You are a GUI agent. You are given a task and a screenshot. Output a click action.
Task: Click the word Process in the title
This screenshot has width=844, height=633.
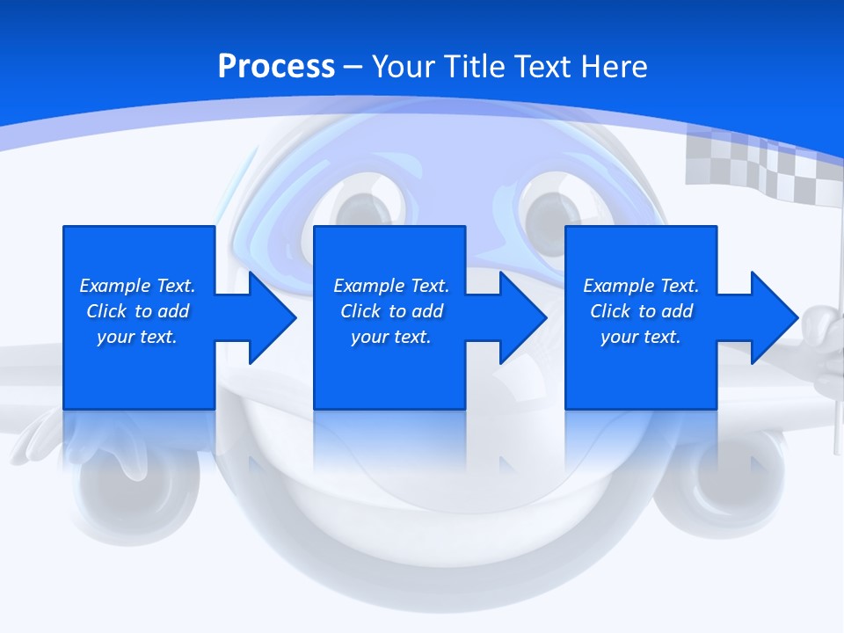click(276, 67)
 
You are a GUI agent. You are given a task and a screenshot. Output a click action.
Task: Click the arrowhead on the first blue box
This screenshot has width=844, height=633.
click(263, 317)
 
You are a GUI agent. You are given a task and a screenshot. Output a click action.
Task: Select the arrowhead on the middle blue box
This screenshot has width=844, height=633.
click(513, 317)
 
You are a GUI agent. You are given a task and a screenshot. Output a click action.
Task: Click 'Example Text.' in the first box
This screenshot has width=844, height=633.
click(137, 286)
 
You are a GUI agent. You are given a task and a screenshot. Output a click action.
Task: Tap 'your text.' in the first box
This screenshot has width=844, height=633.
click(137, 337)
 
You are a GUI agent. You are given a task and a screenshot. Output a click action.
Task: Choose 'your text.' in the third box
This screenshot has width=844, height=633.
click(641, 337)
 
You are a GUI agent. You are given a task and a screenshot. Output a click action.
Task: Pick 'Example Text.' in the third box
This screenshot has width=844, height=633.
click(641, 286)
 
